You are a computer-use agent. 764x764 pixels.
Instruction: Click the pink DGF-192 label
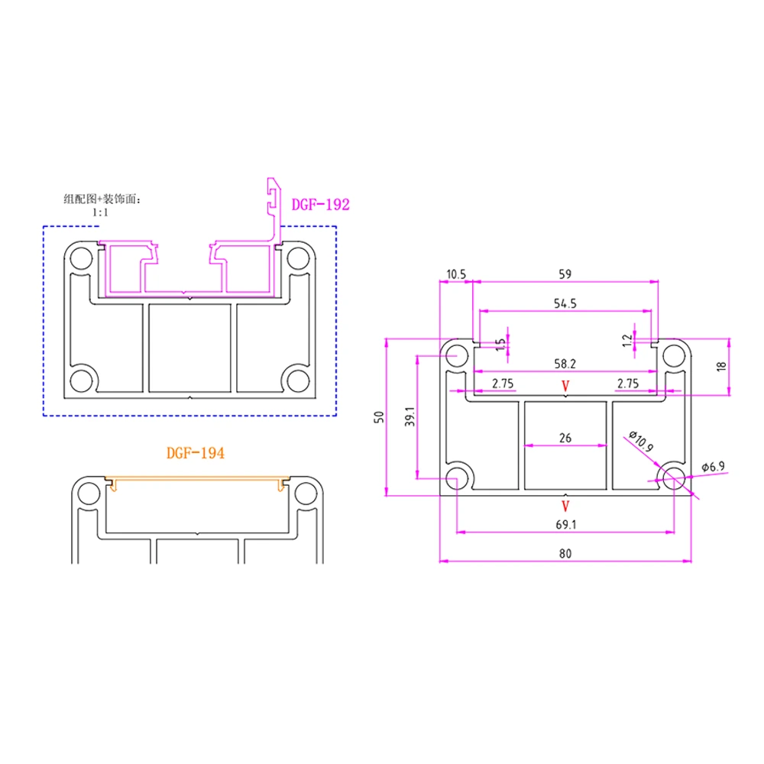(x=320, y=205)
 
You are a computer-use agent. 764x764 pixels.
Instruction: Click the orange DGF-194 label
(x=195, y=453)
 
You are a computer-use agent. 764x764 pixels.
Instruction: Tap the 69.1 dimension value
(x=565, y=525)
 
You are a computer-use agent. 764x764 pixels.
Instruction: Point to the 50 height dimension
(x=378, y=416)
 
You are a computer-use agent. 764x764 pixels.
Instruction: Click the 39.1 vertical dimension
(x=409, y=416)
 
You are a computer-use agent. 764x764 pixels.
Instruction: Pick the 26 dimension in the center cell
(x=565, y=438)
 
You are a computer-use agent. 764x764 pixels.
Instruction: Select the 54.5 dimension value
(x=565, y=303)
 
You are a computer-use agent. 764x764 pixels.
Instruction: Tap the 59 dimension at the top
(x=565, y=273)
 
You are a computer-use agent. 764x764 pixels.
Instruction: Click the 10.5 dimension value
(x=455, y=273)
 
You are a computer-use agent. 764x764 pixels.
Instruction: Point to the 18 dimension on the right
(x=722, y=367)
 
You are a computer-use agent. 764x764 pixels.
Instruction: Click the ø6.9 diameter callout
(x=715, y=467)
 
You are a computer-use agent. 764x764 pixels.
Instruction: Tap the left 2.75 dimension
(x=502, y=384)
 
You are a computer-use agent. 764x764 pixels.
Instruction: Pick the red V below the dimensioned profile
(x=565, y=506)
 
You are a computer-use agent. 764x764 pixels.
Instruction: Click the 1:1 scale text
(x=100, y=213)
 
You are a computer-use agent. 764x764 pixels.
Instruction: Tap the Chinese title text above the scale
(x=102, y=199)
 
